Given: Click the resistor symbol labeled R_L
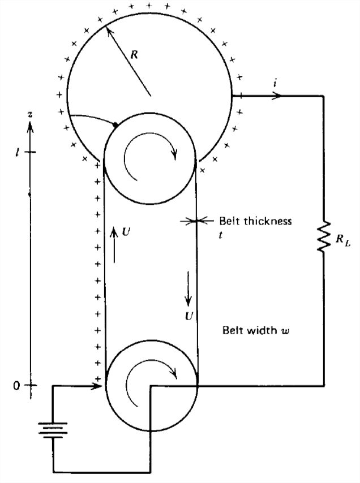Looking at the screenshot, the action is pyautogui.click(x=324, y=237).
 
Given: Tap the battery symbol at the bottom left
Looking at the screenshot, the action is pyautogui.click(x=53, y=430).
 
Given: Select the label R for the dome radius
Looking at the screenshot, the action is pyautogui.click(x=134, y=55).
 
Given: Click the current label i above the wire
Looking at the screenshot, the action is pyautogui.click(x=275, y=84).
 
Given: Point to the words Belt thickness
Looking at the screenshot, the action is pyautogui.click(x=255, y=221).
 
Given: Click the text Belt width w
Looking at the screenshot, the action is pyautogui.click(x=256, y=330).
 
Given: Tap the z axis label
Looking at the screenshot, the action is pyautogui.click(x=30, y=115).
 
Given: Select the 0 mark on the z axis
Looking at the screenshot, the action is pyautogui.click(x=16, y=385).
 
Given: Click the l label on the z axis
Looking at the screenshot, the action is pyautogui.click(x=16, y=152).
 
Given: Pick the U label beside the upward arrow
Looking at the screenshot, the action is pyautogui.click(x=126, y=232).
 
